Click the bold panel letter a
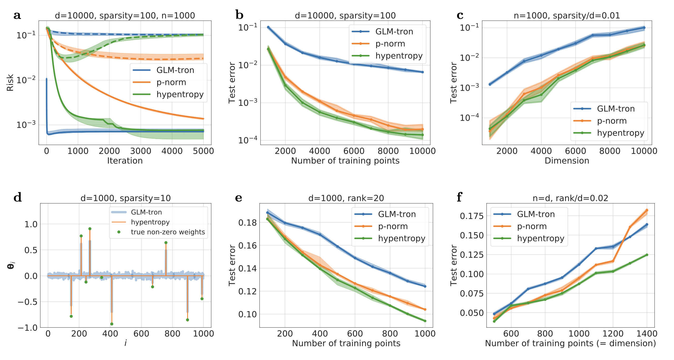(17, 15)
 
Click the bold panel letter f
(459, 197)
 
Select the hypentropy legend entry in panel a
(180, 94)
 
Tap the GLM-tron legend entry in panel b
(394, 32)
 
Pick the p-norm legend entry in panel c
(612, 121)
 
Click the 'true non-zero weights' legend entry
(168, 232)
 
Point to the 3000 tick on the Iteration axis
(141, 151)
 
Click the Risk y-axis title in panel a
(10, 83)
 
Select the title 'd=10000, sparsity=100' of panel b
(345, 16)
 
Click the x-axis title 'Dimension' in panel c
(567, 161)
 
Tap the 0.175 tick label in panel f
(472, 216)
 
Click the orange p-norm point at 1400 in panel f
(647, 210)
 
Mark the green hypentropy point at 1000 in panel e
(425, 321)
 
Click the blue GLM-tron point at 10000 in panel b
(422, 72)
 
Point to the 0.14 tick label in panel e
(247, 268)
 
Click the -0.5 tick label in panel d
(27, 302)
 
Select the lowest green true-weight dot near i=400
(112, 324)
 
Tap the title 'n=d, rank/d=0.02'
(570, 198)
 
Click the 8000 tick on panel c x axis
(610, 151)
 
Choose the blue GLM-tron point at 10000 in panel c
(644, 28)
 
